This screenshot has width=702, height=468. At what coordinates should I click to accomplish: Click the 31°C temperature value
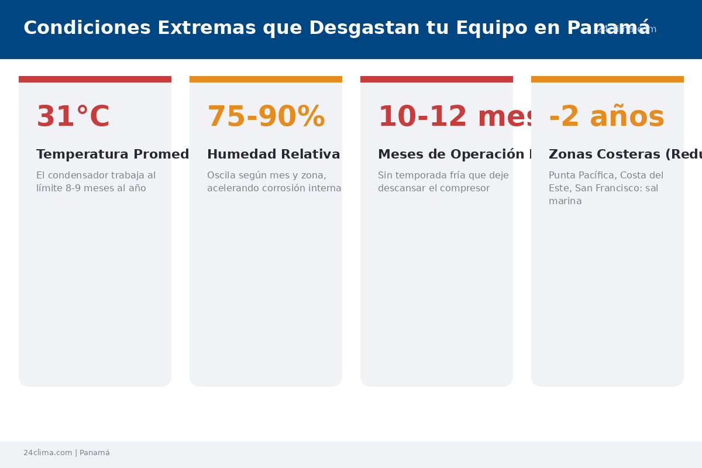(73, 117)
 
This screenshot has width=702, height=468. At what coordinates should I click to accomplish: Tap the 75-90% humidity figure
(266, 117)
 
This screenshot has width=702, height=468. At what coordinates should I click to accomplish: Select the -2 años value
(606, 117)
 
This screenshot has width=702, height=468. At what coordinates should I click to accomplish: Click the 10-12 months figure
(456, 117)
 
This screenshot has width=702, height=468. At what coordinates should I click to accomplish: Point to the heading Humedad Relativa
(273, 154)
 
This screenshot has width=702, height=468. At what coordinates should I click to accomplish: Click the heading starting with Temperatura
(112, 154)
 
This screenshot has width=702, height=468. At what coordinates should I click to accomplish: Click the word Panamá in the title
(608, 28)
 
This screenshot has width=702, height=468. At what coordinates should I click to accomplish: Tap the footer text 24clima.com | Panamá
(67, 453)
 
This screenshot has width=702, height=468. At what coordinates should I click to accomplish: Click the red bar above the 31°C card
(95, 79)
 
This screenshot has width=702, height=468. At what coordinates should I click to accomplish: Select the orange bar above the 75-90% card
(266, 79)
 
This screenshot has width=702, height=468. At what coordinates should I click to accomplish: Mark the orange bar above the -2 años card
(607, 79)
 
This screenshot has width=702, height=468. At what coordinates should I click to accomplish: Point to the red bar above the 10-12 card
(436, 79)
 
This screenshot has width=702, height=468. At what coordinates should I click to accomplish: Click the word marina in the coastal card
(565, 201)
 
